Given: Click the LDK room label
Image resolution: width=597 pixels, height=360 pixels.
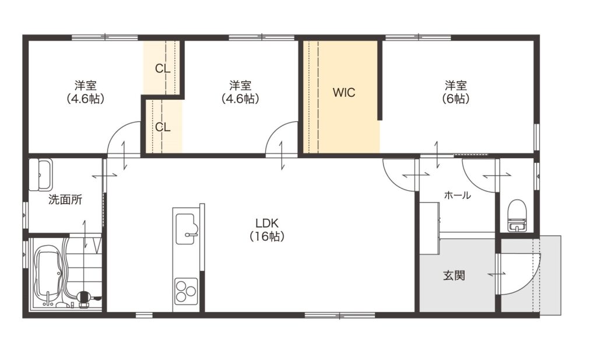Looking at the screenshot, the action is click(x=267, y=223).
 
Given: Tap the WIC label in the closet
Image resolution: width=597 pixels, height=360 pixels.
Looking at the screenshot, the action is click(x=344, y=92).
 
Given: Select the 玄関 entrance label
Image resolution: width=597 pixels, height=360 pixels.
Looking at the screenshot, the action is click(x=454, y=275).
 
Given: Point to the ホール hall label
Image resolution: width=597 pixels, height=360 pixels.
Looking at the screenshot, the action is click(x=457, y=195).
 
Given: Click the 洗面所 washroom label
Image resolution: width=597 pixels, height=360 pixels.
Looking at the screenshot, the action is click(x=65, y=200).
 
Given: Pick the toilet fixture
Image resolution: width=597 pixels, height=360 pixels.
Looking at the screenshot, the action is click(x=517, y=216).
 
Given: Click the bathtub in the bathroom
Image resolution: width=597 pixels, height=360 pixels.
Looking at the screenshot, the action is click(x=48, y=274).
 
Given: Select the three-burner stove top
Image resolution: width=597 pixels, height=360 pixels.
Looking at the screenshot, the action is click(x=186, y=291).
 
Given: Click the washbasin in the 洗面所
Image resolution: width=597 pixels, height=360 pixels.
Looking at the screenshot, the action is click(x=40, y=174).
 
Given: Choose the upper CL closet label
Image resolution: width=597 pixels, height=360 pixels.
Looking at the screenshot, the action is click(x=163, y=69).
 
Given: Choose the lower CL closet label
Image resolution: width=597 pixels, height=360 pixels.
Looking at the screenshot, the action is click(x=163, y=127).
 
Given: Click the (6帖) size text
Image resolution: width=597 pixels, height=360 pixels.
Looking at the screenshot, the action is click(x=456, y=99).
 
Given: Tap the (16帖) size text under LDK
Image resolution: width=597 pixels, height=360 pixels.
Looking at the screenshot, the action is click(x=267, y=236).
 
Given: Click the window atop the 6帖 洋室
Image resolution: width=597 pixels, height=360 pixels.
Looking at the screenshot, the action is click(x=418, y=37).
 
